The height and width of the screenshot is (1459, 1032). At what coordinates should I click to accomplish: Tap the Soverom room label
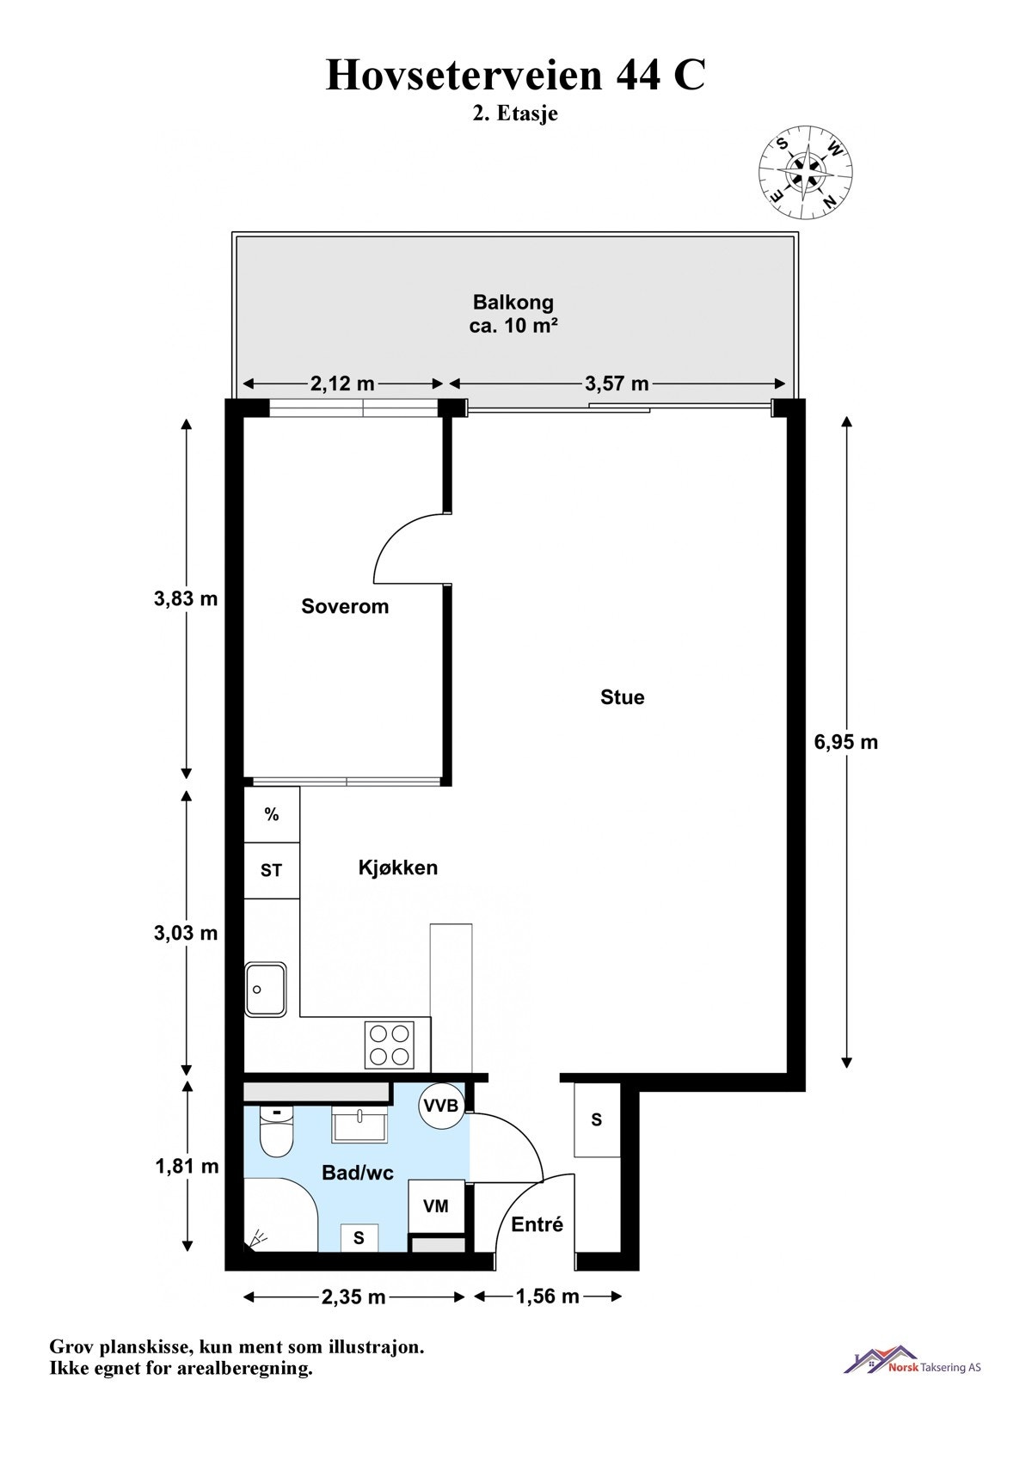(345, 606)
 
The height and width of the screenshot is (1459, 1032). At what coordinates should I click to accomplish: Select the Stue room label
(622, 697)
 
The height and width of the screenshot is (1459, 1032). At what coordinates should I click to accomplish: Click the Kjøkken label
(397, 867)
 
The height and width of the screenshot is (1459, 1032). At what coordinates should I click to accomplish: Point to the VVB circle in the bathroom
(442, 1106)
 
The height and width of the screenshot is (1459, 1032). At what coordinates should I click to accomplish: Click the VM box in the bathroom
(436, 1206)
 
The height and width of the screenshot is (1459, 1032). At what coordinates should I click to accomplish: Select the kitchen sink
(266, 990)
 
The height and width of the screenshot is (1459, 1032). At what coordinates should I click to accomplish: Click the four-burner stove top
(389, 1045)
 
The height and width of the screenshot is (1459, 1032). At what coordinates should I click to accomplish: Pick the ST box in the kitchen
(271, 870)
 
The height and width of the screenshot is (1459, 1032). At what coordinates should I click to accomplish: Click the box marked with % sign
(272, 814)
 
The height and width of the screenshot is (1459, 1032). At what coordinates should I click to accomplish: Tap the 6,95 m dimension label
(846, 742)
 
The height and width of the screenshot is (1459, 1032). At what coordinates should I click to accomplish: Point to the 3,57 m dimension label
(617, 383)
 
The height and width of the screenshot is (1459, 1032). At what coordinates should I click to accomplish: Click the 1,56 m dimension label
(547, 1296)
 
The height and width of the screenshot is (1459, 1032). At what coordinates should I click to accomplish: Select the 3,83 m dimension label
(186, 599)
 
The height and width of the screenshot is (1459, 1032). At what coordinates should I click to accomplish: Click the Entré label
(537, 1224)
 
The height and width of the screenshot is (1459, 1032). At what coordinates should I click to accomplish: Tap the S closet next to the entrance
(597, 1120)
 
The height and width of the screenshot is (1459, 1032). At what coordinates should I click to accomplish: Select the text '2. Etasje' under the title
(515, 113)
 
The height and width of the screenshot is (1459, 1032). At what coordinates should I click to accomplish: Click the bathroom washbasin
(359, 1125)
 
